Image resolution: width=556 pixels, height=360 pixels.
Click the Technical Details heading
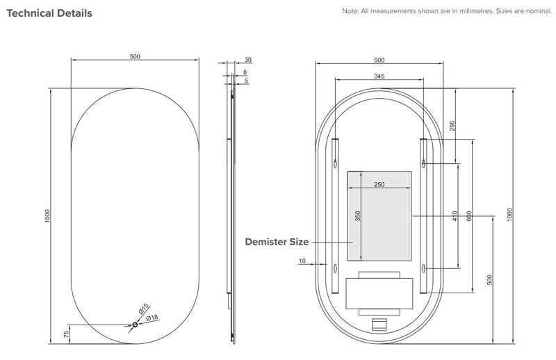[49, 13]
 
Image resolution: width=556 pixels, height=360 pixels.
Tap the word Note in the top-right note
[350, 13]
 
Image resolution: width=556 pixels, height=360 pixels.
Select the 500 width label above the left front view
[135, 56]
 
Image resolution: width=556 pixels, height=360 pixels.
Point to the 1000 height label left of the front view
[47, 215]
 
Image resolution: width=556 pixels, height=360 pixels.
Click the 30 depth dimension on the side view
[247, 60]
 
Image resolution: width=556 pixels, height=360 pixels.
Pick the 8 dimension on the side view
[245, 72]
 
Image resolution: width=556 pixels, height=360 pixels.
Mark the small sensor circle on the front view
[135, 324]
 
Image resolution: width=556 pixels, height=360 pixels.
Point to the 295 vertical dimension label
[452, 126]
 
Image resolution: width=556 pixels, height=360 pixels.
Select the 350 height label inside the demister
[358, 215]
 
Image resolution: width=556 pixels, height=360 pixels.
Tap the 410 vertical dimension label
[455, 215]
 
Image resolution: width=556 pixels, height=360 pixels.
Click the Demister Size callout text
[276, 242]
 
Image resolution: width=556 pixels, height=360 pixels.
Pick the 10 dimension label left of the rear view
[302, 261]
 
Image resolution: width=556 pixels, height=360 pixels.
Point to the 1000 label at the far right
[509, 215]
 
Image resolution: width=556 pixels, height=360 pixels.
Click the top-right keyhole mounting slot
[424, 164]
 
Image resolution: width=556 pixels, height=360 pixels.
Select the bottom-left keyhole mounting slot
[336, 268]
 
